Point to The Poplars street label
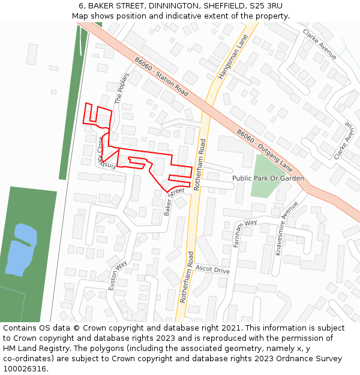pos(122,88)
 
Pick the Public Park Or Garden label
pos(268,178)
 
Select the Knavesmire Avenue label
pos(287,229)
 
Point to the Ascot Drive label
pos(213,270)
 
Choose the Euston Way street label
pos(118,276)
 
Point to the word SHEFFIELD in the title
pos(227,5)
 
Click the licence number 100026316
pos(25,368)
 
